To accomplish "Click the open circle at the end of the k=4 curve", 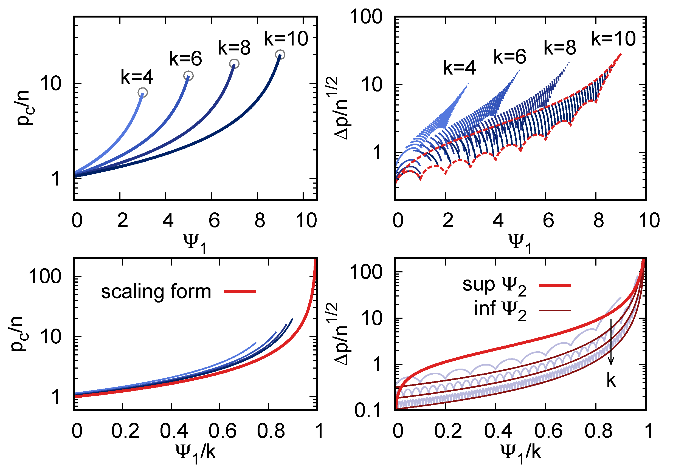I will point(142,93).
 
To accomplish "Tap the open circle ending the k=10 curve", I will point(280,55).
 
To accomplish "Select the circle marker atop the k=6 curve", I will point(188,76).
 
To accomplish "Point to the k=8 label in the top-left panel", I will point(234,48).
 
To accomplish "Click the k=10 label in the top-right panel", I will point(613,38).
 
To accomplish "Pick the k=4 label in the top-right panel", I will point(459,68).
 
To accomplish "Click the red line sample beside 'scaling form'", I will point(240,291).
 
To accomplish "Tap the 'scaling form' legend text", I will point(156,292).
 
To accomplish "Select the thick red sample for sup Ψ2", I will point(555,285).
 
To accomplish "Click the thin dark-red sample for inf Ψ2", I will point(555,310).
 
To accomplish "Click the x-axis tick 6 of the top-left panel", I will point(214,221).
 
